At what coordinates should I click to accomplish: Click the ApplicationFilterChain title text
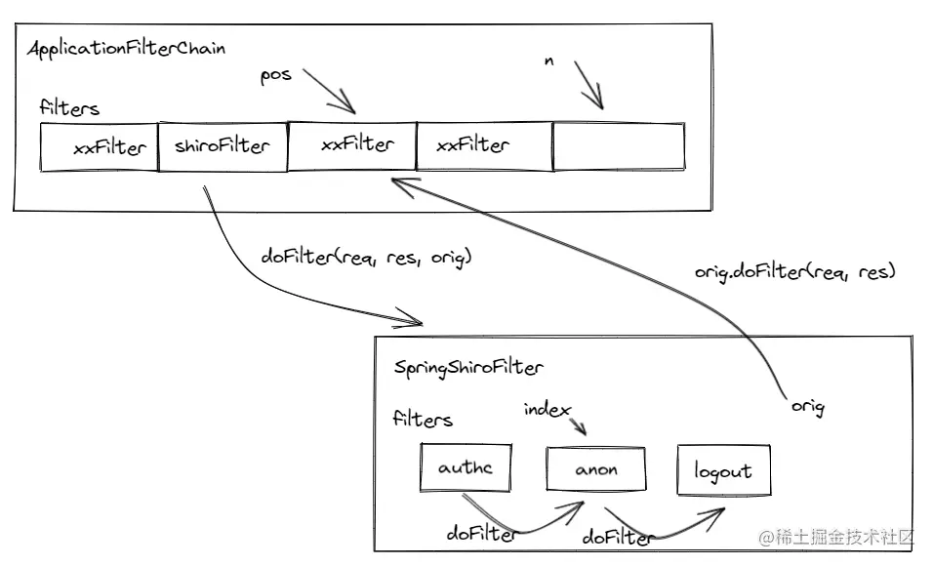(x=128, y=48)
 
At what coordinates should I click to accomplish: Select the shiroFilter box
(x=223, y=146)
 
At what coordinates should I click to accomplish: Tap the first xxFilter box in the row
(x=99, y=147)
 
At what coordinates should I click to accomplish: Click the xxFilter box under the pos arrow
(x=352, y=144)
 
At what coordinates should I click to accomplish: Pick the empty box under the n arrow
(x=619, y=145)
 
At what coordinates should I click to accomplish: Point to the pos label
(x=275, y=75)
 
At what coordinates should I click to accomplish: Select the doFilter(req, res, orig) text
(x=367, y=257)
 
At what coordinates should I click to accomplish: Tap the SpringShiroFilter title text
(x=469, y=367)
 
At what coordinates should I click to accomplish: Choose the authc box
(x=466, y=467)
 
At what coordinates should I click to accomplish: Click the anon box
(x=596, y=469)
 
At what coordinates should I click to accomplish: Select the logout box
(x=723, y=471)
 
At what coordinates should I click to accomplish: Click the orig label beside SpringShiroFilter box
(x=806, y=407)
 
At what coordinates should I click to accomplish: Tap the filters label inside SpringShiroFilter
(x=423, y=420)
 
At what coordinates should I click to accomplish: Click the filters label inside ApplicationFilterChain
(x=69, y=108)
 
